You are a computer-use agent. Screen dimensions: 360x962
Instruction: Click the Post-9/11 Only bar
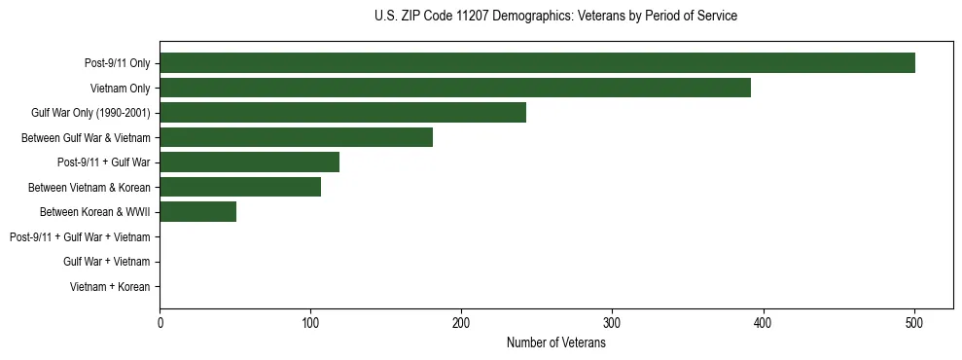[537, 63]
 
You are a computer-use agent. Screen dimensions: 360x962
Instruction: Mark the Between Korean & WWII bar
[197, 212]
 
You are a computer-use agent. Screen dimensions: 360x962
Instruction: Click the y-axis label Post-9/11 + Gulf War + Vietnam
[80, 237]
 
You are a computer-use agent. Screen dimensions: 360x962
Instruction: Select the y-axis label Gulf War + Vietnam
[106, 262]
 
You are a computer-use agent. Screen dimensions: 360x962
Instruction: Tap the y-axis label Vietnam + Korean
[110, 287]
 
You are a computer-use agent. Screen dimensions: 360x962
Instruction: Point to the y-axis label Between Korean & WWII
[94, 212]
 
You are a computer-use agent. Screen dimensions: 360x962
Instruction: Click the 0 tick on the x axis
[160, 324]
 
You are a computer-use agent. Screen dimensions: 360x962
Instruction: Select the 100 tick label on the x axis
[310, 324]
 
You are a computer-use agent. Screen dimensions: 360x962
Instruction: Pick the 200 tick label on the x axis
[461, 324]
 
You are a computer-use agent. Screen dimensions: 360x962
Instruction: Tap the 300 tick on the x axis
[612, 324]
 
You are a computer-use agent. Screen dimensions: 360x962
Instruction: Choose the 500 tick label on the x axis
[914, 324]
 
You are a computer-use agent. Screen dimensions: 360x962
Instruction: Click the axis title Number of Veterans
[555, 343]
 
